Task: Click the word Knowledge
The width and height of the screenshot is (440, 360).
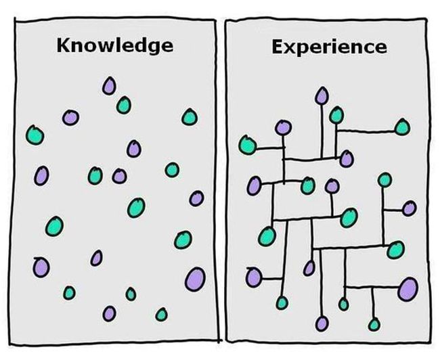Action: (114, 46)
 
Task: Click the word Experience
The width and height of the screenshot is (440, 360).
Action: (329, 47)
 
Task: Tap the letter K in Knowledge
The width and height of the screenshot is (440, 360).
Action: (64, 45)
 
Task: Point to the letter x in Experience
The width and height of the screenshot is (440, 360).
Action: (287, 47)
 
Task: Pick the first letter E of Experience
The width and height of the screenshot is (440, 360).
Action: (276, 47)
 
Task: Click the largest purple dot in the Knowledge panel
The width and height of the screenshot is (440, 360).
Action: (195, 277)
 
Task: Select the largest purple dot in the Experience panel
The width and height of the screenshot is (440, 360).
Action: (408, 288)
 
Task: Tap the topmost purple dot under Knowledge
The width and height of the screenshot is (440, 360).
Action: (109, 86)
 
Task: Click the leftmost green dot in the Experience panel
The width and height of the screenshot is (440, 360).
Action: (246, 144)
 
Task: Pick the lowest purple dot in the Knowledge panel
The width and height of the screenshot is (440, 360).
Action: (109, 313)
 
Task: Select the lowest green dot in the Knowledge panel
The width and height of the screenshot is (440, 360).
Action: (161, 314)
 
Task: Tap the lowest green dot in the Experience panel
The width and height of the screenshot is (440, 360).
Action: (374, 325)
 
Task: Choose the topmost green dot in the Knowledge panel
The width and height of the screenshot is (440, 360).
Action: (123, 105)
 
